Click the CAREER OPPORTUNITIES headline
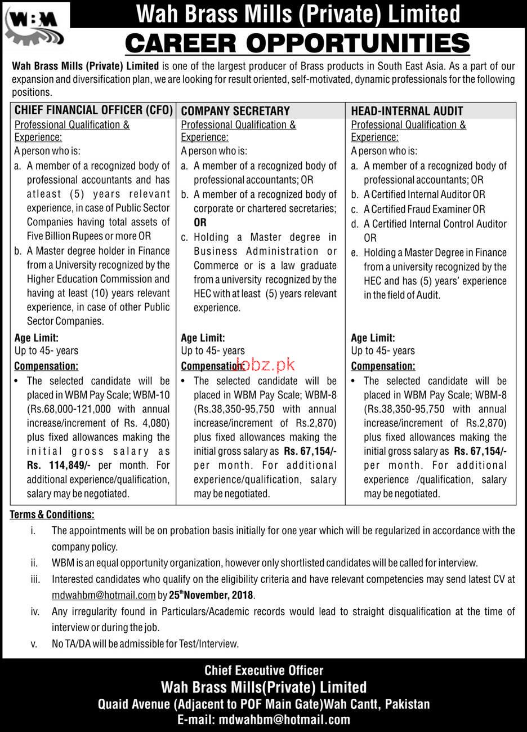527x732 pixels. click(x=297, y=43)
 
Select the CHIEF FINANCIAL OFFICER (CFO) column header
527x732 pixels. click(x=93, y=110)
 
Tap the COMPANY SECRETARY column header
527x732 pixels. click(x=235, y=111)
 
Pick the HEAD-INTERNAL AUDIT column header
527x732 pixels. click(x=407, y=111)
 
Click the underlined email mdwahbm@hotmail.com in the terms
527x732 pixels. click(x=104, y=595)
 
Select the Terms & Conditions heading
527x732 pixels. click(x=52, y=514)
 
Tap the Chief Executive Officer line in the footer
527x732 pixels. click(x=263, y=671)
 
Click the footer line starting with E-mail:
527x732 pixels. click(x=263, y=720)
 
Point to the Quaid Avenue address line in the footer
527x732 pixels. click(x=263, y=704)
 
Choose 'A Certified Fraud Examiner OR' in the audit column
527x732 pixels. click(x=424, y=209)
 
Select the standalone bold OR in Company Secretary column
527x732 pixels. click(x=200, y=223)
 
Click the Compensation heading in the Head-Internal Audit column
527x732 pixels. click(x=383, y=366)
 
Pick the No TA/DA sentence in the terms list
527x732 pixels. click(x=145, y=643)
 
